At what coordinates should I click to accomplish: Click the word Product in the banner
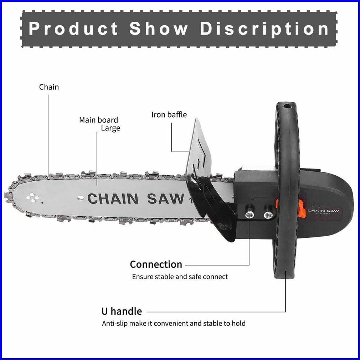click(73, 29)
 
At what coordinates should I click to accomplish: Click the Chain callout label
click(49, 87)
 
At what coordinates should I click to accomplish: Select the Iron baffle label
click(169, 114)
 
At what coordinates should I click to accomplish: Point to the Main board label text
click(98, 120)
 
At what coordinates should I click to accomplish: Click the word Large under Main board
click(110, 128)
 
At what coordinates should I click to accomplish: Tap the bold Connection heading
click(156, 264)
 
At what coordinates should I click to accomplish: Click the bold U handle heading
click(122, 311)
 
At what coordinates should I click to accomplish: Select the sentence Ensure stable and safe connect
click(180, 277)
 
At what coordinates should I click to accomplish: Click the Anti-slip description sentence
click(174, 324)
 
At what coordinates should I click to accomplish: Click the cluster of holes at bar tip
click(32, 197)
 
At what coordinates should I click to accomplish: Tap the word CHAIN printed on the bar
click(113, 199)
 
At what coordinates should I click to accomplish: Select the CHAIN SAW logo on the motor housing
click(323, 211)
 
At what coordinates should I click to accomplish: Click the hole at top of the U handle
click(286, 106)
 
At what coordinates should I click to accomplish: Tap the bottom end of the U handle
click(285, 274)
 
